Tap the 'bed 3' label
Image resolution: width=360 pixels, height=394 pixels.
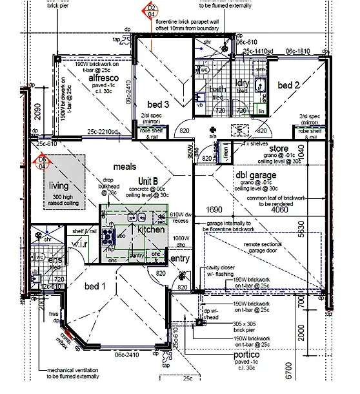click(x=158, y=105)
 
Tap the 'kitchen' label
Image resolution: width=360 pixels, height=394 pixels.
click(x=151, y=229)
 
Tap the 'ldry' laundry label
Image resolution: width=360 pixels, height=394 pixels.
click(x=243, y=83)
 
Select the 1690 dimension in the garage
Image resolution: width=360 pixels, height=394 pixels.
click(x=214, y=210)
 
